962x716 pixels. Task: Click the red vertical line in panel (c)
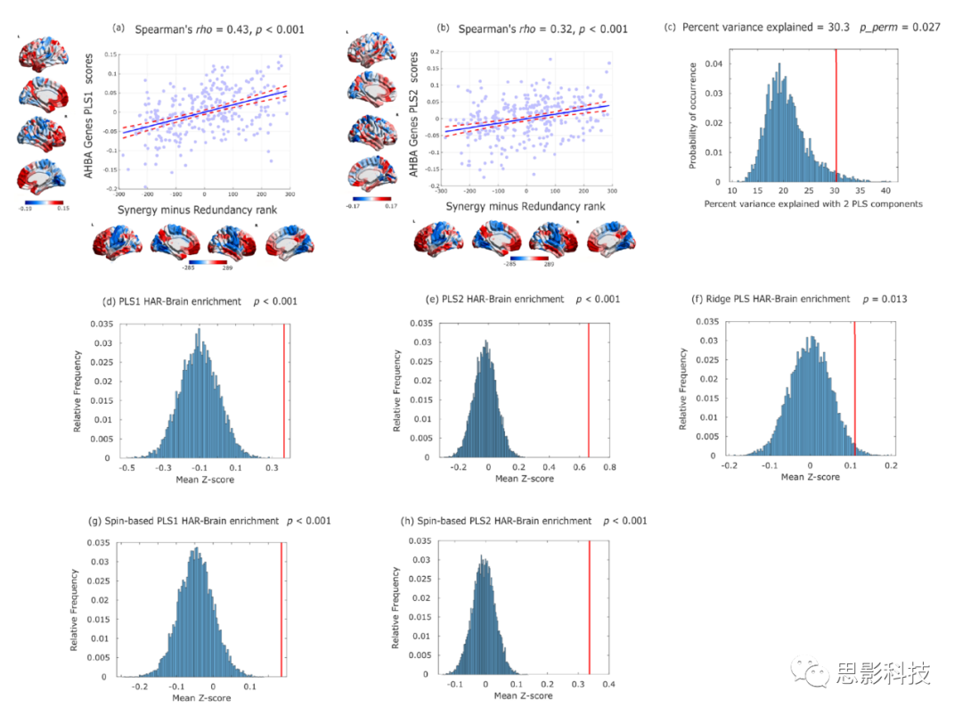[836, 116]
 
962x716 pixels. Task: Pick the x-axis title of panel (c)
[813, 204]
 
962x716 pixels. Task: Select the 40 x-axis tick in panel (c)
[885, 191]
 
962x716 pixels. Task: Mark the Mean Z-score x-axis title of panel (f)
[809, 477]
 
